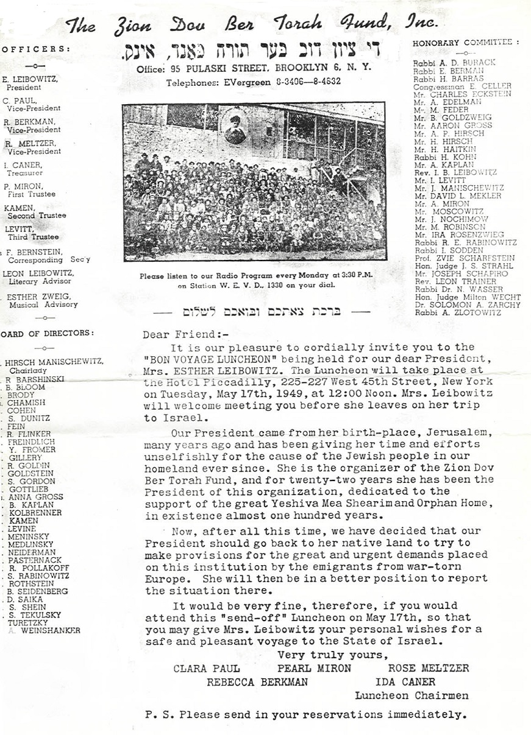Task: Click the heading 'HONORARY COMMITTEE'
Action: coord(465,43)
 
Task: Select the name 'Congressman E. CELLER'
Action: coord(462,86)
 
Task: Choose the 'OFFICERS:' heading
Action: coord(35,49)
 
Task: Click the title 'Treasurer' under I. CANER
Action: coord(25,173)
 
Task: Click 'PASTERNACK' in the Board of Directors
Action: coord(35,560)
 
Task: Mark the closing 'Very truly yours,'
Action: coord(332,655)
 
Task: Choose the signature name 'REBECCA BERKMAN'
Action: coord(257,682)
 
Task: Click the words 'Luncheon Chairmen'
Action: coord(412,695)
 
